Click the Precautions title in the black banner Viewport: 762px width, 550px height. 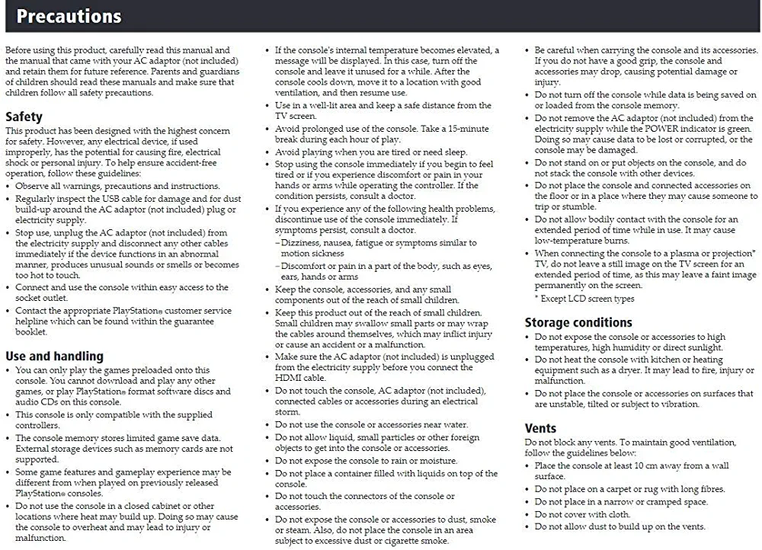69,16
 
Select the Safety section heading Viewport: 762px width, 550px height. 24,117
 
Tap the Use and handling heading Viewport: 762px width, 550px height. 54,356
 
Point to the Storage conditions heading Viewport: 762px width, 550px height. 578,322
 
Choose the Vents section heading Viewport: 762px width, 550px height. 540,428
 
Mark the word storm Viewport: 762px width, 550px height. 287,412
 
